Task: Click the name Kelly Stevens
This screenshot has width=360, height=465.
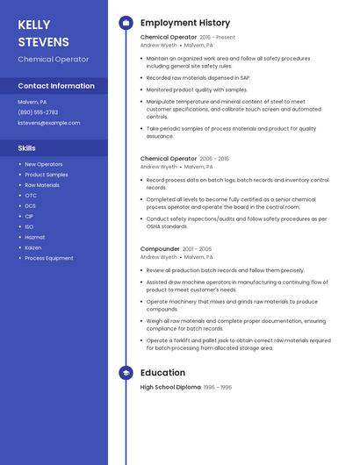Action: pos(43,33)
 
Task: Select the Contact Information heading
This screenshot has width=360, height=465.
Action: pos(56,86)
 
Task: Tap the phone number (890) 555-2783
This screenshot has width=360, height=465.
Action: pos(38,112)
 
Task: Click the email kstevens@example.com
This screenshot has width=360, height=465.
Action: pos(49,123)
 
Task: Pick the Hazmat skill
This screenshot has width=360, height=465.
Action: pos(34,237)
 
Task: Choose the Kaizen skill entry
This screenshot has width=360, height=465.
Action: pos(33,247)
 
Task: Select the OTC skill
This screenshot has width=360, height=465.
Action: pos(31,196)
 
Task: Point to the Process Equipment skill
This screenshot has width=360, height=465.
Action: pos(49,258)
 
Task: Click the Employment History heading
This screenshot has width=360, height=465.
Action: pos(185,23)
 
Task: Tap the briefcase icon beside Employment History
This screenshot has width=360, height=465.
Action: pos(126,23)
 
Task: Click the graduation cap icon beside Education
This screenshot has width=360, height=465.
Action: pos(126,373)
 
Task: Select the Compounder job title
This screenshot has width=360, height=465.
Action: pos(160,249)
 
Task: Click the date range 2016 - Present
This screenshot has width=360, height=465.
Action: pos(218,38)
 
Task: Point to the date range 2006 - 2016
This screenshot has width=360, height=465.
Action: pos(214,159)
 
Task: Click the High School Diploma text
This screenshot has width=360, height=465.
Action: pos(170,387)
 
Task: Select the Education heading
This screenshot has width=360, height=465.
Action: pos(162,373)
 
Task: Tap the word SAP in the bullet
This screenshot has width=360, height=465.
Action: pos(244,77)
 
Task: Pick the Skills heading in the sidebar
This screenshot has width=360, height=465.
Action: pos(26,148)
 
